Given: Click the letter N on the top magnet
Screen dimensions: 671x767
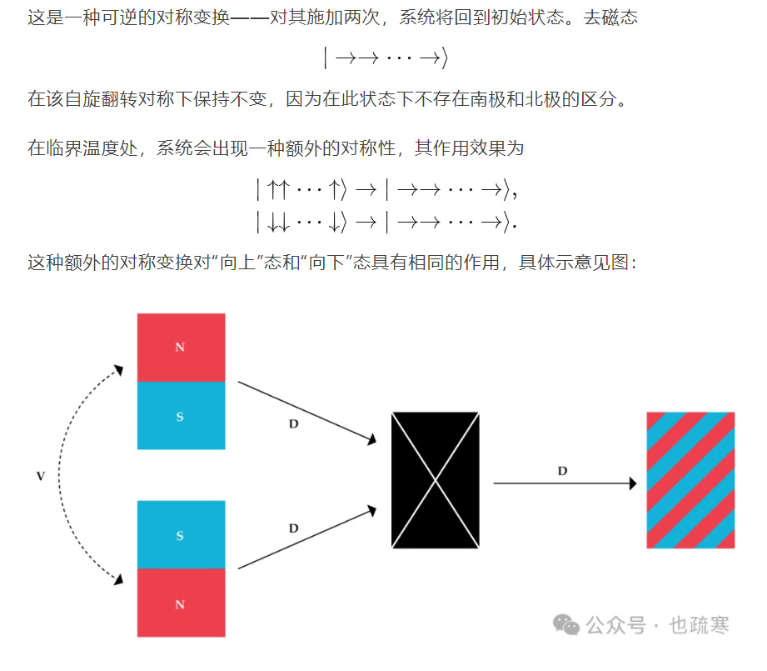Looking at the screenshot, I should [x=180, y=348].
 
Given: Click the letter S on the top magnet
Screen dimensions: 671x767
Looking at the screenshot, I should [x=180, y=416].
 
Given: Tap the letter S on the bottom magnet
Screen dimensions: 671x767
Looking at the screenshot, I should [x=180, y=536].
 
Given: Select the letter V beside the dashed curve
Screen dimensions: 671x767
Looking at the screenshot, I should [x=40, y=476].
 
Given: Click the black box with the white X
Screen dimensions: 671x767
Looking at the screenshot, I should [x=436, y=480].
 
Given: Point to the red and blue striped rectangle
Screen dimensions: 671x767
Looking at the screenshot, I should [x=690, y=480].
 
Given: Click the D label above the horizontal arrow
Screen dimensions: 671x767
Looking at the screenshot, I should [x=562, y=471].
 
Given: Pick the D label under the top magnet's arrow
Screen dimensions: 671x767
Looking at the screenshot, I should [x=293, y=424].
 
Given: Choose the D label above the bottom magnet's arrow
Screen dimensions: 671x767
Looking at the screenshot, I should [x=293, y=528].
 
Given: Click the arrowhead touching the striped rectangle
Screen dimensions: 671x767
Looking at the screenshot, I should [x=633, y=483].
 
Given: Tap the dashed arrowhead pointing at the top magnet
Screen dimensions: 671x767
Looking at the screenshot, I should [x=120, y=370].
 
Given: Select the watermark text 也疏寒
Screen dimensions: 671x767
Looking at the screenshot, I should [x=700, y=625].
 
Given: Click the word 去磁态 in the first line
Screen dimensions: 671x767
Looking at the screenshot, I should [x=613, y=17].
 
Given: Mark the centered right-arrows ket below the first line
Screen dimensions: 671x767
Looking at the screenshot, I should [x=386, y=58].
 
